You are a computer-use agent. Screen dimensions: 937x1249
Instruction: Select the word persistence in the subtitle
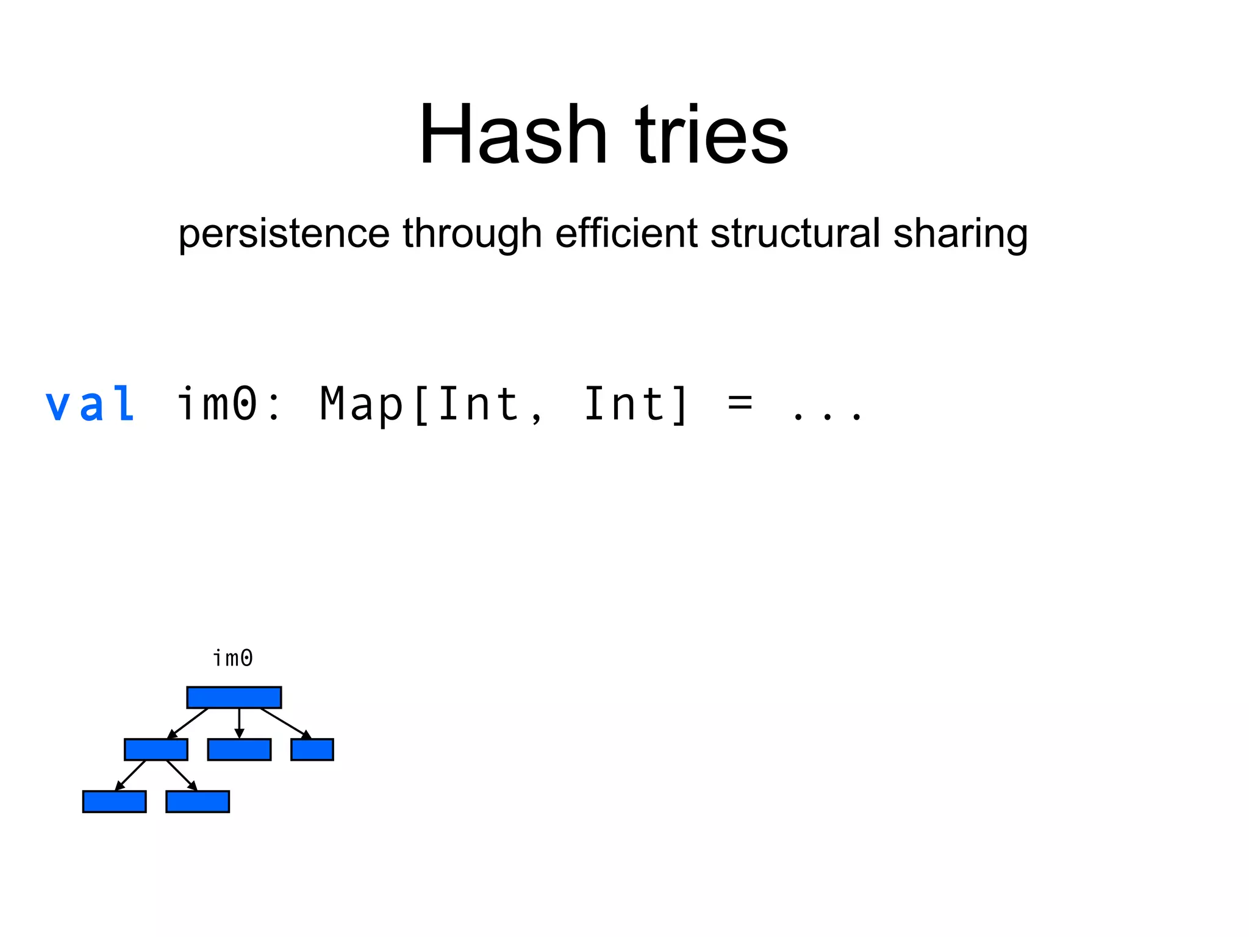(x=284, y=234)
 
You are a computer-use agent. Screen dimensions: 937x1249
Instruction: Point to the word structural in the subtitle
(x=795, y=234)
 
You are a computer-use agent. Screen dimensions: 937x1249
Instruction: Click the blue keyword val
(x=90, y=404)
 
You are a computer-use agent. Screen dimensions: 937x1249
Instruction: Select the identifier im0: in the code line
(x=229, y=404)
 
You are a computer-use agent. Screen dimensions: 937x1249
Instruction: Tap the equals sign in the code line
(x=740, y=404)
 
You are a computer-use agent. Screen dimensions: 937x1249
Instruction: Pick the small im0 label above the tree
(x=232, y=658)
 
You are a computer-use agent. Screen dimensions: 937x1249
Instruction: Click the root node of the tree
(x=234, y=697)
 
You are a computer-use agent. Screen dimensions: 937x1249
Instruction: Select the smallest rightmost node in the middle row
(x=312, y=750)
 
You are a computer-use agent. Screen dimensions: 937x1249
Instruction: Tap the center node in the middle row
(x=239, y=750)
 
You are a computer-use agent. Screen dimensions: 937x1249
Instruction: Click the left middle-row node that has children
(x=156, y=750)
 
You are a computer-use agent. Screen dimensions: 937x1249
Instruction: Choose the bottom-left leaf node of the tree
(x=114, y=802)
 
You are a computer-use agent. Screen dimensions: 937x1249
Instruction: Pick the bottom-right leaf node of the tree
(x=198, y=802)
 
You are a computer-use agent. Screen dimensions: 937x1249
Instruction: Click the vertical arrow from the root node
(x=239, y=723)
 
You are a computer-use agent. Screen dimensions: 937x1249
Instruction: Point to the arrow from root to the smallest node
(x=285, y=723)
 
